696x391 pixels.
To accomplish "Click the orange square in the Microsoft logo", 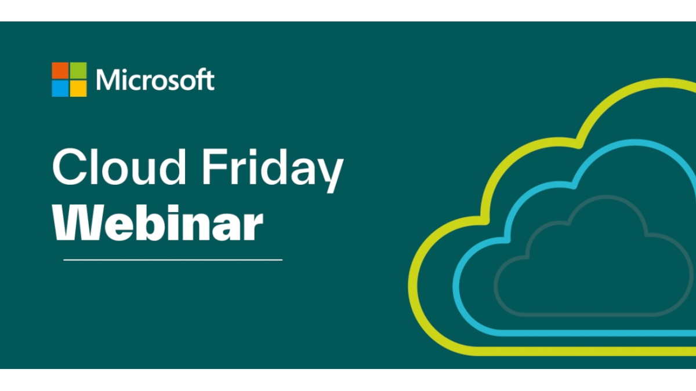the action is coord(60,71).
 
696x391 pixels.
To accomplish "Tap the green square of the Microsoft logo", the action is coord(78,71).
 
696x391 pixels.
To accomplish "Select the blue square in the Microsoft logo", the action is coord(60,89).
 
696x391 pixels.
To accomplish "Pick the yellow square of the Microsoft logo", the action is coord(78,89).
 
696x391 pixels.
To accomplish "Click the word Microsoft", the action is coord(155,79).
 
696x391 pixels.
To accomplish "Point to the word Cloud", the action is coord(119,167).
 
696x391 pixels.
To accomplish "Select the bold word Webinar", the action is coord(158,222).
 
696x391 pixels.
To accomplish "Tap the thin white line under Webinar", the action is coord(173,260).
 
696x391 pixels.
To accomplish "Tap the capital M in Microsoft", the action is coord(108,79).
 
